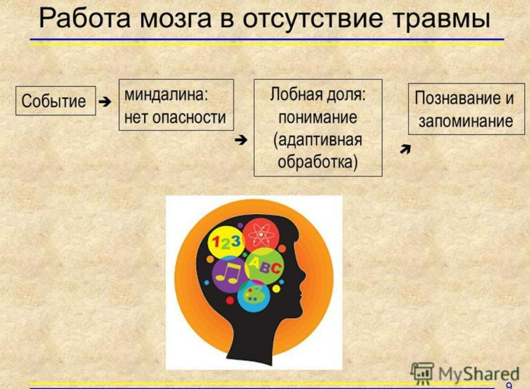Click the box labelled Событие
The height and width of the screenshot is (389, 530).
[x=55, y=101]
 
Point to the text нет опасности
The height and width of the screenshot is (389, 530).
[x=175, y=118]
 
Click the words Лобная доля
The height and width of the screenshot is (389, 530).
[x=318, y=95]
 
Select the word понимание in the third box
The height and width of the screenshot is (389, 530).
[x=318, y=117]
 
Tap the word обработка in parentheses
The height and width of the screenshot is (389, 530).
[x=318, y=162]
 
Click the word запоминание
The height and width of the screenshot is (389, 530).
[x=465, y=122]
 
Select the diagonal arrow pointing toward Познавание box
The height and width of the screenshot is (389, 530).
[x=405, y=150]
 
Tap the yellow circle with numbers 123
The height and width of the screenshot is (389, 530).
[x=225, y=242]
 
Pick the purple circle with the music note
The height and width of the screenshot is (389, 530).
[x=228, y=274]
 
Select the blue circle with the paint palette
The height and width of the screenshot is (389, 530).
[x=254, y=295]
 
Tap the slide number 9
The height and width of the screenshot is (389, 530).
[x=508, y=385]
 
